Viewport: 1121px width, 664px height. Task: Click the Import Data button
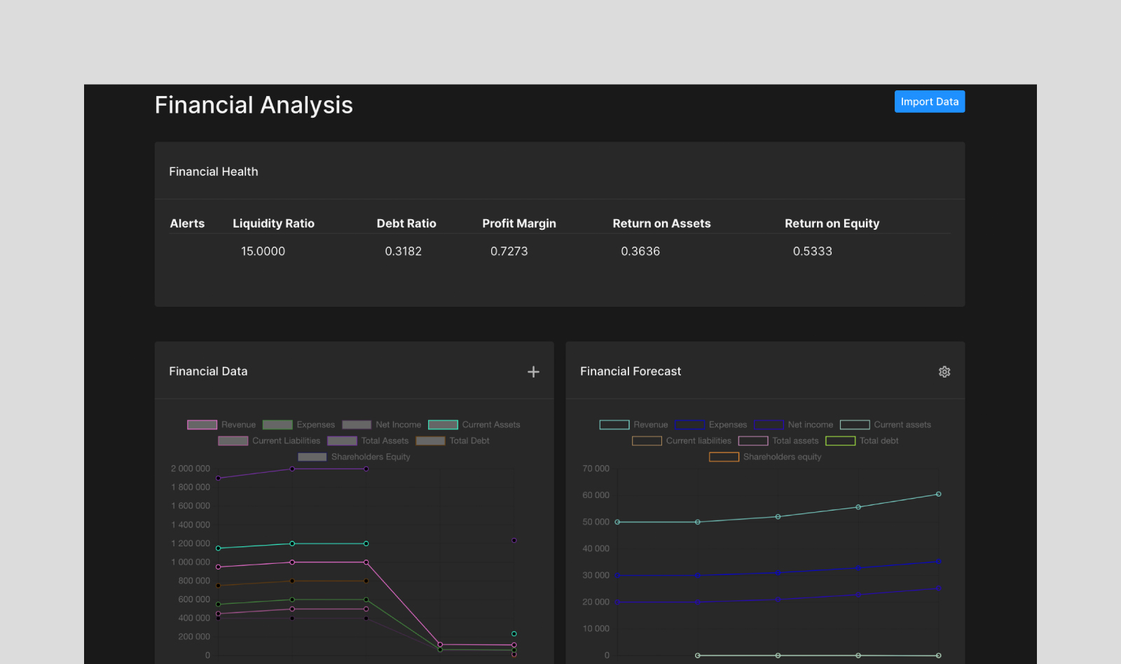(929, 102)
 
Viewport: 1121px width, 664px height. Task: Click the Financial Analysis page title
(254, 105)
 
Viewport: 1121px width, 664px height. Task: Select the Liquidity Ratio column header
(273, 223)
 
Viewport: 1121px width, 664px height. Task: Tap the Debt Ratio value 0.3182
(403, 251)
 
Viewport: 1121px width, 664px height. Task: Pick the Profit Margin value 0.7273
(509, 251)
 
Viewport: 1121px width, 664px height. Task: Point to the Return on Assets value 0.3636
(640, 251)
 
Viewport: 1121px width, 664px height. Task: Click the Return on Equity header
(832, 223)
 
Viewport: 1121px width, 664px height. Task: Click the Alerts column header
(187, 223)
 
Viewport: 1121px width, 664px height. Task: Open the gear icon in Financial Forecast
(944, 372)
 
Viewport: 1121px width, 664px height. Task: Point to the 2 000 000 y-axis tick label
(191, 469)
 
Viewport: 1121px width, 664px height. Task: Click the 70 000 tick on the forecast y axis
(596, 469)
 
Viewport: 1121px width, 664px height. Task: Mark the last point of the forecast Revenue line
(938, 494)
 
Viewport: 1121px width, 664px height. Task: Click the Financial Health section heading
(214, 172)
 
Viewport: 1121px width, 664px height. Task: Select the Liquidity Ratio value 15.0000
(263, 251)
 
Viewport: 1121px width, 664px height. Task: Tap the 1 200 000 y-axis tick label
(191, 544)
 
